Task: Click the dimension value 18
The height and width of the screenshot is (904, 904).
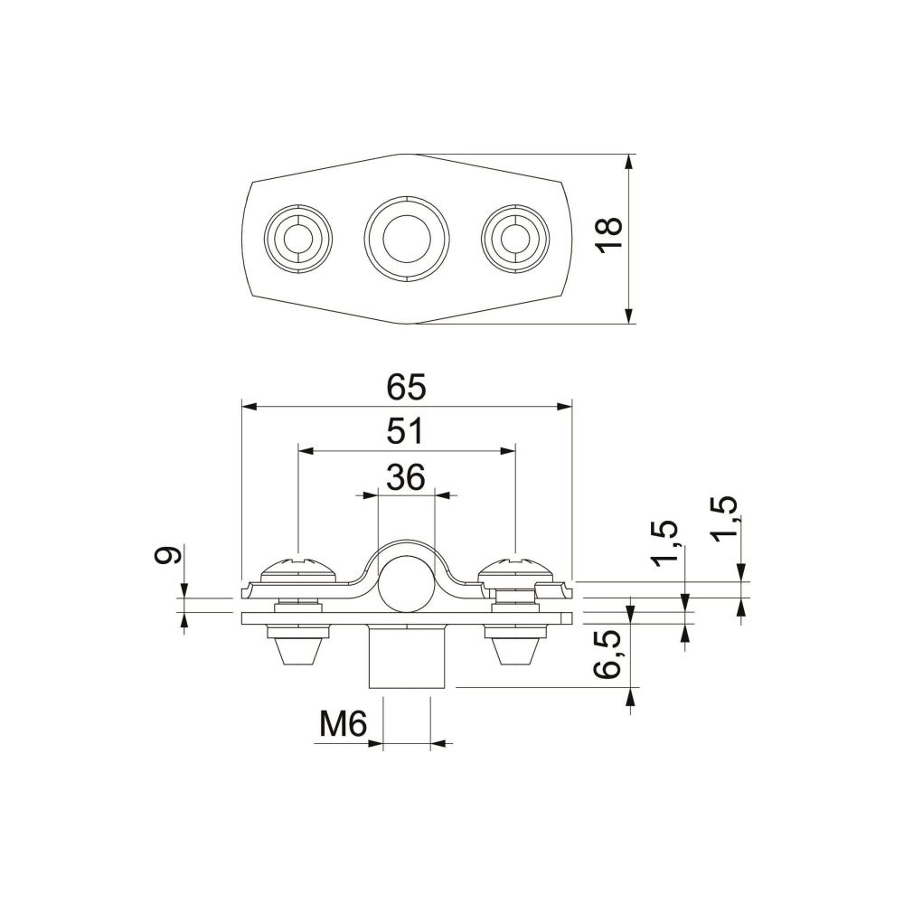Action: [x=608, y=235]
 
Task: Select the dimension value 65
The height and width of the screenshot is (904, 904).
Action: [x=407, y=387]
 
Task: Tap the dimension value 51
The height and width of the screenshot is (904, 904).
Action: [x=406, y=431]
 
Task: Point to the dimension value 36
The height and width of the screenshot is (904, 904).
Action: [x=406, y=477]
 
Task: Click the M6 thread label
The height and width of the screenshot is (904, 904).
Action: [x=344, y=724]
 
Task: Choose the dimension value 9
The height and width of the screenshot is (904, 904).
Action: [x=168, y=555]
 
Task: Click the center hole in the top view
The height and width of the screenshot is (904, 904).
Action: [x=407, y=239]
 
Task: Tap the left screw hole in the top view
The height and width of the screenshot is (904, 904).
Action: [x=298, y=238]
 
